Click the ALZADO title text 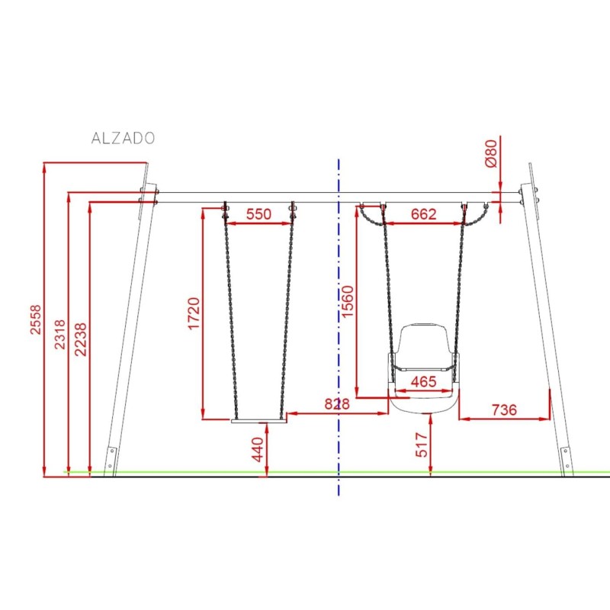[123, 139]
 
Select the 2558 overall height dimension [35, 319]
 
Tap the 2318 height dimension [59, 335]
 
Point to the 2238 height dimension [81, 339]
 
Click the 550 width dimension [258, 214]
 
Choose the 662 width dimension [424, 214]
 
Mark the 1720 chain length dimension [194, 313]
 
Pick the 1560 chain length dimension [347, 301]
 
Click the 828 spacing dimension [337, 404]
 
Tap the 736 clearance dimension [504, 409]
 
